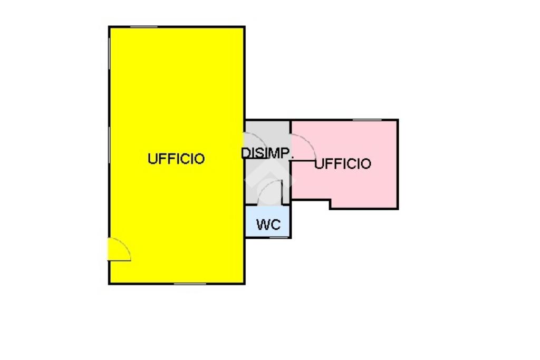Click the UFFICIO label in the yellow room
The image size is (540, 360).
(176, 159)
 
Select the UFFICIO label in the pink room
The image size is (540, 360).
(343, 164)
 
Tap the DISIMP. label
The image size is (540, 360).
(267, 152)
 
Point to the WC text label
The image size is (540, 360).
(268, 225)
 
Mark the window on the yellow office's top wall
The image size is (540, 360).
(144, 27)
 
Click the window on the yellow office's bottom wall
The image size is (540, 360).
(190, 284)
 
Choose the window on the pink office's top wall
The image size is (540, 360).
(367, 120)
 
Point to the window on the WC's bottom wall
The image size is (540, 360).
(279, 238)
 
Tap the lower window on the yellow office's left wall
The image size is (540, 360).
(109, 145)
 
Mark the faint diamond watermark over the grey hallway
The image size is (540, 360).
(270, 179)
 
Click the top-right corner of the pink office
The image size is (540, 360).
(398, 120)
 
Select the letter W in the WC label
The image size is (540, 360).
(264, 225)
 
